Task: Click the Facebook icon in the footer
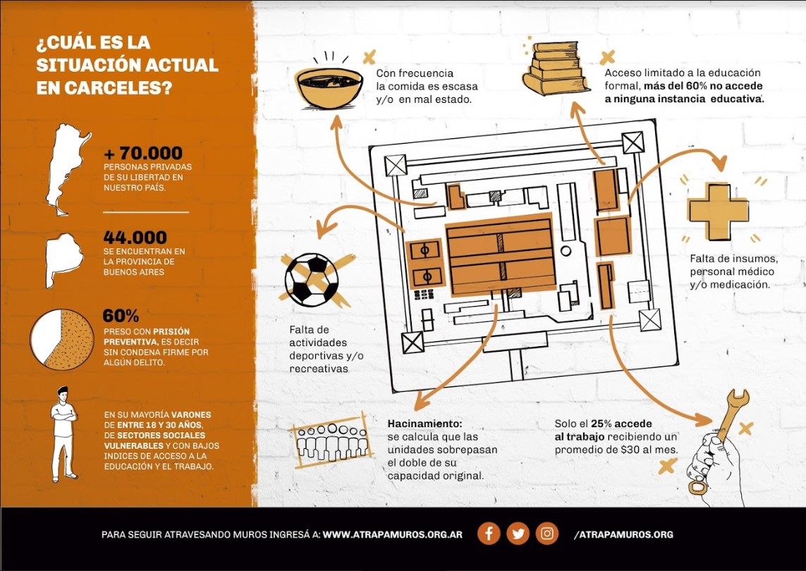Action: coord(489,534)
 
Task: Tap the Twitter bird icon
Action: coord(518,534)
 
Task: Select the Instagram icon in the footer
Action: coord(547,534)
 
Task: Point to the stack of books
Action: coord(555,68)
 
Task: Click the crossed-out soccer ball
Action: coord(312,280)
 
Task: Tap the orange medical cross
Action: coord(719,211)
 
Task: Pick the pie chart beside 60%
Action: coord(61,339)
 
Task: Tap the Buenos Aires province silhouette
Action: coord(63,259)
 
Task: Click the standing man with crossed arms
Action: coord(63,434)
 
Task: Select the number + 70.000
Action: coord(143,153)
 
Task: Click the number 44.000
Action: coord(135,238)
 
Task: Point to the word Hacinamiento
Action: coord(425,424)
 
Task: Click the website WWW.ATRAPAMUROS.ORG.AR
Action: coord(392,534)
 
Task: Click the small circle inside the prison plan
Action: coord(566,252)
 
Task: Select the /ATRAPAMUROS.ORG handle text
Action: coord(623,534)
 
